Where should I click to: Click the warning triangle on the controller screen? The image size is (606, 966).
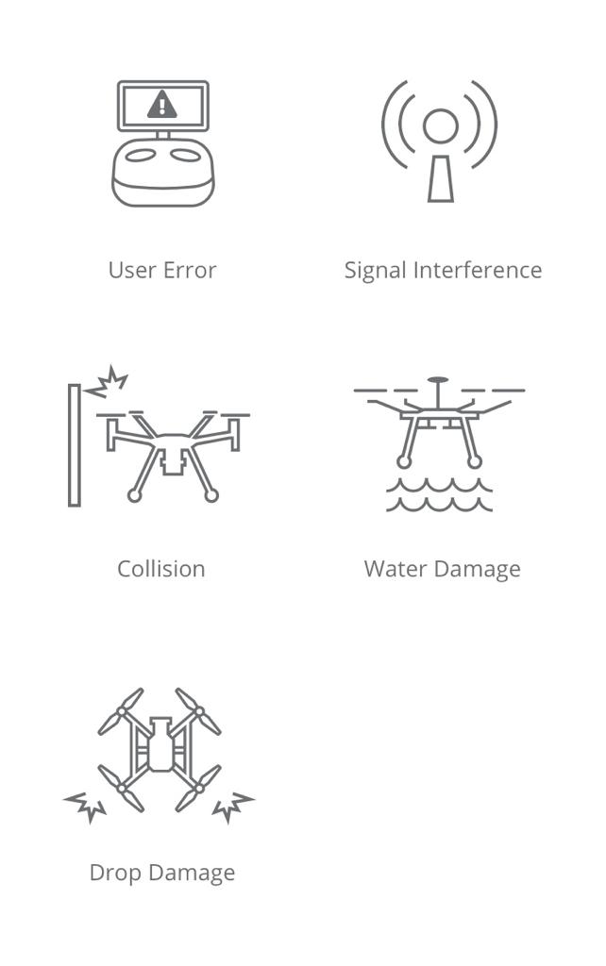162,105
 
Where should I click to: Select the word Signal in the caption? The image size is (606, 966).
375,271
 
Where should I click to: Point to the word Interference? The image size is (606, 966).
478,270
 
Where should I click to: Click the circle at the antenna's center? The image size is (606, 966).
440,125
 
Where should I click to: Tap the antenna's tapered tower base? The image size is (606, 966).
441,178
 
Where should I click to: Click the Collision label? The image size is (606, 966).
160,569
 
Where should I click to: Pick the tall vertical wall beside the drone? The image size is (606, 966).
74,445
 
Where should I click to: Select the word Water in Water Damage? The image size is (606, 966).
396,569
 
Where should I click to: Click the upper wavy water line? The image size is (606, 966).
439,486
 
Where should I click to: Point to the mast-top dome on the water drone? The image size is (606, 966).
438,380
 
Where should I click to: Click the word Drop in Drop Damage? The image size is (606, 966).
115,874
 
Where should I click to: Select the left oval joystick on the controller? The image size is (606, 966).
140,156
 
